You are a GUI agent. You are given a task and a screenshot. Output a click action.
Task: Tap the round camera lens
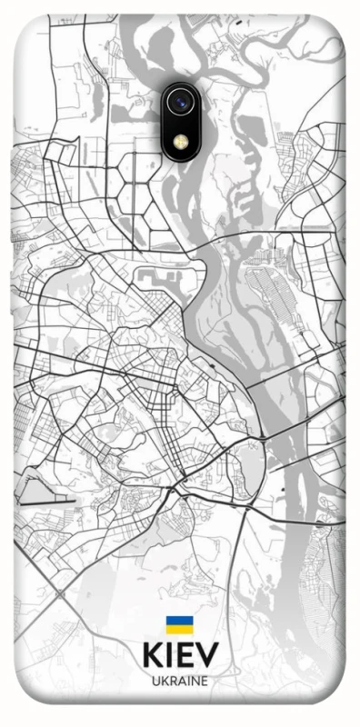[180, 102]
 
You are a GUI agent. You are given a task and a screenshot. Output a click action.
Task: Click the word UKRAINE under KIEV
[180, 681]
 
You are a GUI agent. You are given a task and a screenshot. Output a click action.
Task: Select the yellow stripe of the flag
[179, 628]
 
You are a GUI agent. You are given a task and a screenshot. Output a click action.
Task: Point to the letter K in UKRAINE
[164, 681]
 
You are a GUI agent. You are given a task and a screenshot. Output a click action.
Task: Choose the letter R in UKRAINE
[172, 681]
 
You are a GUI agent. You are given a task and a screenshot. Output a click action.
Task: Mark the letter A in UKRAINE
[181, 681]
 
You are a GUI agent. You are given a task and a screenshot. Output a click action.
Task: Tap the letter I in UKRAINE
[188, 681]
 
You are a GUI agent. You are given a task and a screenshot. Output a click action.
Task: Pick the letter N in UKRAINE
[195, 681]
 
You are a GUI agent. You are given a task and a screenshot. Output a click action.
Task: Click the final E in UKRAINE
[205, 681]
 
